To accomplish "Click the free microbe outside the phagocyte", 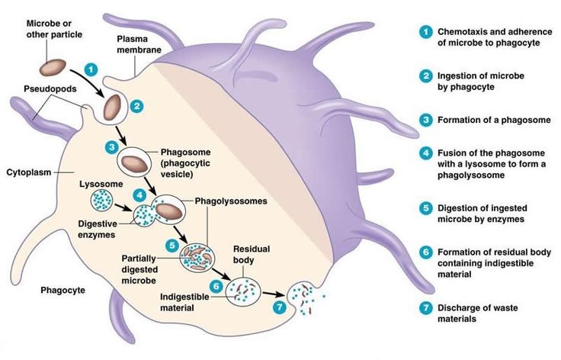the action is click(53, 68).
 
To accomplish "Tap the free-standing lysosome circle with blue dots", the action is click(101, 200).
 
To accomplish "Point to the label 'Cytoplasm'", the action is click(29, 172).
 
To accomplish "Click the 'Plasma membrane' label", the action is click(139, 44).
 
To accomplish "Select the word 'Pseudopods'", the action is click(50, 88).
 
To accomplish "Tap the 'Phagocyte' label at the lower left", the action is click(63, 290).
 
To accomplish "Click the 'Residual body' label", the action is click(252, 254).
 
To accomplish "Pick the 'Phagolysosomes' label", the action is click(231, 201).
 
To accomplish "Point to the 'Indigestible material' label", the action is click(184, 302).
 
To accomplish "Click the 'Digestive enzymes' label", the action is click(98, 230).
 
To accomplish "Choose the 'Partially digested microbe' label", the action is click(139, 269).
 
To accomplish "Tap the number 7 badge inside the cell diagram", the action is click(280, 307).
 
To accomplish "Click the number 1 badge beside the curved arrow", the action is click(91, 69).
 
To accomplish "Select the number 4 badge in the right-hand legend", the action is click(426, 153).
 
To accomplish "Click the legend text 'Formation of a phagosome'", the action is click(494, 120).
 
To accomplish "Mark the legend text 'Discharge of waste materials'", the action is click(478, 313).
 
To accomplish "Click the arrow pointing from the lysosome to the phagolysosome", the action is click(123, 207).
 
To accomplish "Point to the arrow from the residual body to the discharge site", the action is click(274, 294).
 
